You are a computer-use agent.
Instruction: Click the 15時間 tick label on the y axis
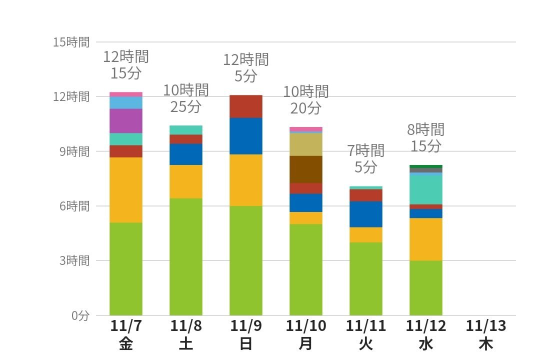coord(71,42)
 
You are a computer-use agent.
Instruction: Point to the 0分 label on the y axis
coord(79,315)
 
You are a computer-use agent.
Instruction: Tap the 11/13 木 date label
coord(485,335)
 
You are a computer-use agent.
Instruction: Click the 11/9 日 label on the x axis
coord(245,335)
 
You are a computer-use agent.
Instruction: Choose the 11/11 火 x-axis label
coord(365,335)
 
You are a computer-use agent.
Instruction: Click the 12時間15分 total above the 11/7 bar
coord(126,64)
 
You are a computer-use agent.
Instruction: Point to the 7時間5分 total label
coord(365,158)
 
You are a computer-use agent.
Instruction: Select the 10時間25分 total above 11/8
coord(186,98)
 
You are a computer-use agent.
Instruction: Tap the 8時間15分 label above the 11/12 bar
coord(426,138)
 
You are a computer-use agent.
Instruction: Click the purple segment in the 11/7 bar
coord(126,120)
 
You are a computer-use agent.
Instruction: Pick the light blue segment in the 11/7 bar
coord(126,102)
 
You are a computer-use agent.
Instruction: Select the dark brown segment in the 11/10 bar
coord(306,169)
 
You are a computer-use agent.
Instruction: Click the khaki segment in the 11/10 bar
coord(306,144)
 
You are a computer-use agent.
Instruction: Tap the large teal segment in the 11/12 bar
coord(426,189)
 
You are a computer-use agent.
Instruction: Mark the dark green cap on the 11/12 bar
coord(426,166)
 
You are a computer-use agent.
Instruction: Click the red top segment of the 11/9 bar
coord(245,106)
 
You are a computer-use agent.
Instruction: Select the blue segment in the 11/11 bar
coord(365,214)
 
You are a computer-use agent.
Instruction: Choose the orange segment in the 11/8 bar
coord(186,181)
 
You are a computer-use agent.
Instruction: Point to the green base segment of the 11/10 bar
coord(306,269)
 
